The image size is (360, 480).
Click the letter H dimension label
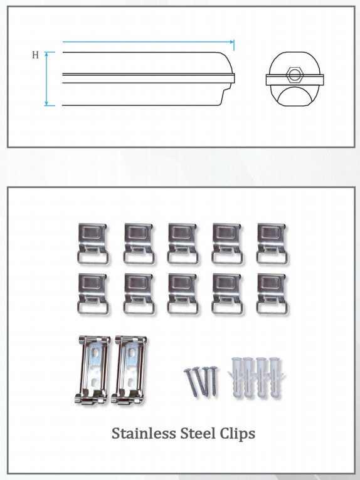[35, 55]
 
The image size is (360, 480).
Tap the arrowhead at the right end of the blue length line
[232, 41]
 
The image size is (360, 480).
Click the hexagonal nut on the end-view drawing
[294, 75]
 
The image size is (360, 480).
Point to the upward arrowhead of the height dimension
[46, 54]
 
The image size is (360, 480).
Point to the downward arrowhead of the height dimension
[46, 103]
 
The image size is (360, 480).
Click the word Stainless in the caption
[144, 434]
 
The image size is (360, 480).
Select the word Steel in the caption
[198, 434]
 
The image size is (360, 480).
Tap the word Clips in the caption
[238, 434]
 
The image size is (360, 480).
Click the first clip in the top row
[93, 244]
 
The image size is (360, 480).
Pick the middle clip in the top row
[183, 244]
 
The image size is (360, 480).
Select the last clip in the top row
[272, 244]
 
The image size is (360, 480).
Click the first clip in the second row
[93, 294]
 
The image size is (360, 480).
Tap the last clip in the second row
[272, 294]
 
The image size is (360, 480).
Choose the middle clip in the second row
[183, 294]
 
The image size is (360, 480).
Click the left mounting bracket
[93, 370]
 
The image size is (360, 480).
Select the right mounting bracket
[129, 370]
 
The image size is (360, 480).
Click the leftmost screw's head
[187, 370]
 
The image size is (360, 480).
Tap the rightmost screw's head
[213, 368]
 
